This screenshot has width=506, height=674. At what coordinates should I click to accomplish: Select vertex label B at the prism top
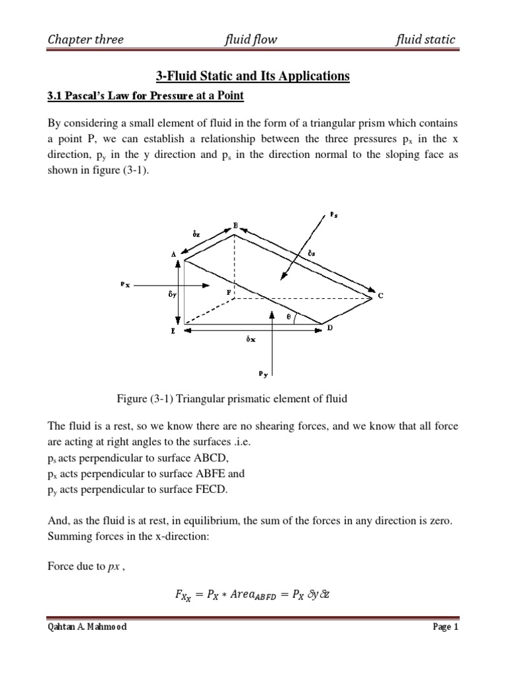[235, 225]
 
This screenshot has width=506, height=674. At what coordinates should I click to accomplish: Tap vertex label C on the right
[379, 296]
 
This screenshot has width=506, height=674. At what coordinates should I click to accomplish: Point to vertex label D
[330, 328]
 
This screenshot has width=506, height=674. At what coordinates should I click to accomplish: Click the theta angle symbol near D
[287, 316]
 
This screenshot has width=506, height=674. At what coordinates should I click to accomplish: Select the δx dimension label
[251, 340]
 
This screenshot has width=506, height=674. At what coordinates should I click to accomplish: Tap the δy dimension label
[173, 296]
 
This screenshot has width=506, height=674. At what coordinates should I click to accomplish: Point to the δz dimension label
[196, 234]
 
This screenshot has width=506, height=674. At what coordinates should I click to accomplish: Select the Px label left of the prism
[125, 284]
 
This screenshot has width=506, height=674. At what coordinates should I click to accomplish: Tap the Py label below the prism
[263, 374]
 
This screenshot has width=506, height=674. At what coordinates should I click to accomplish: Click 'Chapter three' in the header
[85, 39]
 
